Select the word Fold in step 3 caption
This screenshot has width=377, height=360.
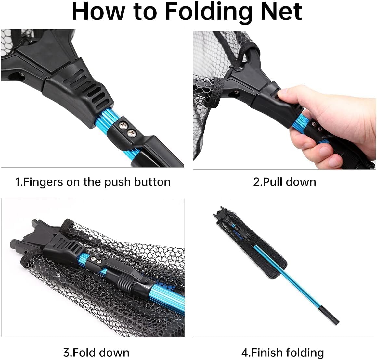84,352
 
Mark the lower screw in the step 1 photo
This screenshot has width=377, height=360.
132,132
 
